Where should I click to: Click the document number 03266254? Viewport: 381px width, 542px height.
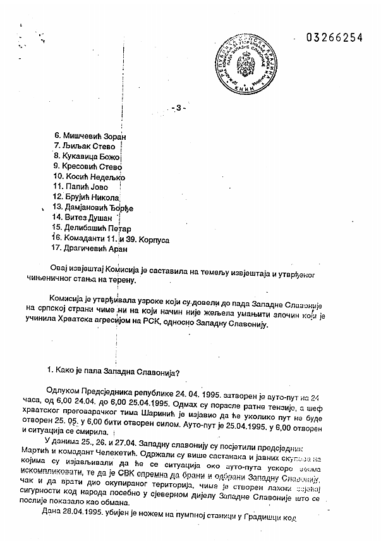pos(334,37)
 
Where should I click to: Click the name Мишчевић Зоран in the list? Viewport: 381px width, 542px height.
pos(90,136)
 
